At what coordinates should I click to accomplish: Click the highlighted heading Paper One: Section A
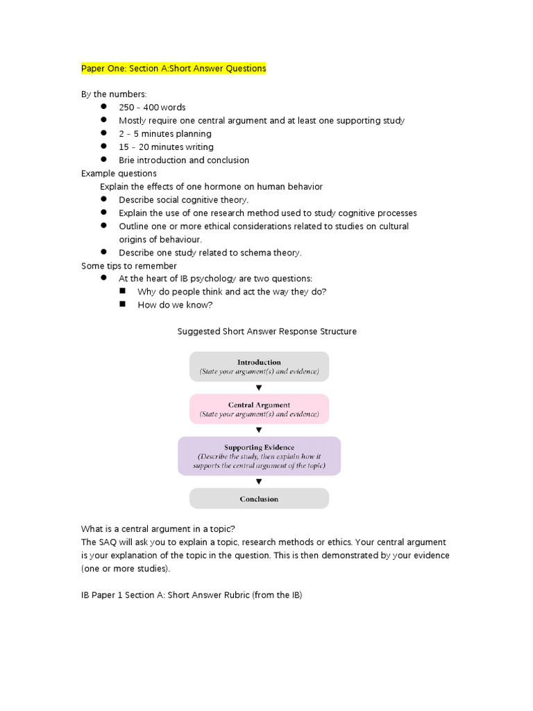click(174, 68)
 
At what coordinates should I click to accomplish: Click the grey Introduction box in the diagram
click(259, 367)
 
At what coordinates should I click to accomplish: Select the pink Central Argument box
click(259, 409)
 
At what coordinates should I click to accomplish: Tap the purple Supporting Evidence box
click(259, 455)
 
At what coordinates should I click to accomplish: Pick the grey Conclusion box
click(259, 499)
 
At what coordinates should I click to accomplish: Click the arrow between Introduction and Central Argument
click(259, 387)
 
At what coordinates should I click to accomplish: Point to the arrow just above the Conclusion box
click(259, 481)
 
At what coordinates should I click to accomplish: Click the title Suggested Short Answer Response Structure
click(267, 331)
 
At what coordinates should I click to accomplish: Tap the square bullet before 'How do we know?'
click(122, 304)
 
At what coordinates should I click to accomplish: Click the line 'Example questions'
click(119, 174)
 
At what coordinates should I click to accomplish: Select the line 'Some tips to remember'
click(129, 266)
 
